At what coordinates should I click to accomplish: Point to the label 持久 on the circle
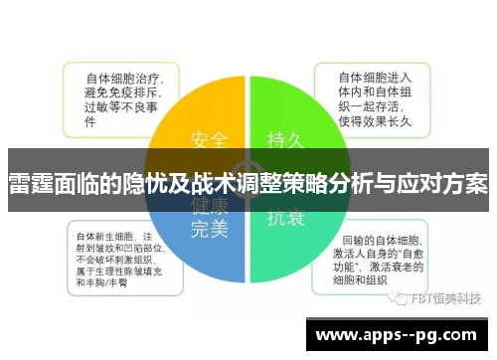tap(286, 137)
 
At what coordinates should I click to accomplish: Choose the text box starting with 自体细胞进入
tap(376, 99)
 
